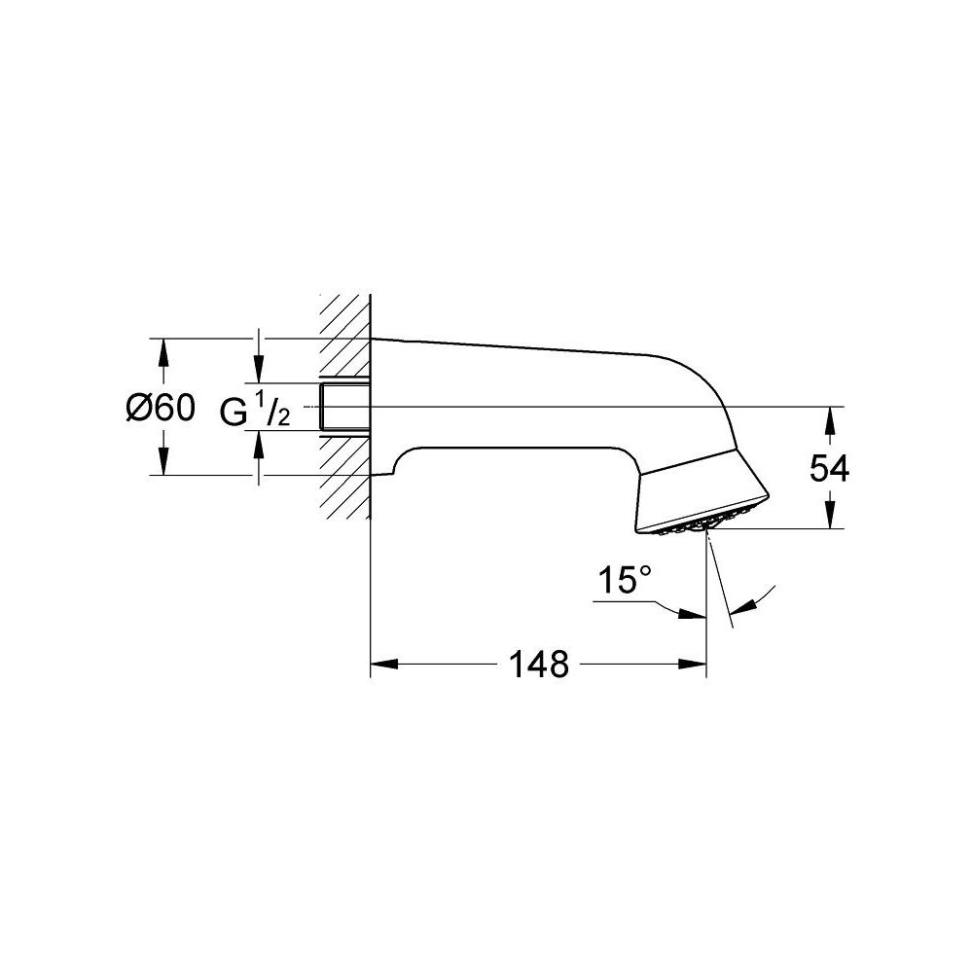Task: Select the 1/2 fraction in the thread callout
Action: coord(270,414)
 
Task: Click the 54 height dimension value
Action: coord(829,469)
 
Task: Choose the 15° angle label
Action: coord(623,582)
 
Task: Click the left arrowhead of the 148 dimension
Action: coord(385,666)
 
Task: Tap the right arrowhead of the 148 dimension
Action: coord(693,666)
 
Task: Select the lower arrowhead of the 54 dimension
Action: coord(829,516)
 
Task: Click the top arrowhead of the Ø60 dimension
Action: coord(163,350)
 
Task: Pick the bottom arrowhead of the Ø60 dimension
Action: coord(163,463)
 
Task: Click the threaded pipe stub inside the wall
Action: coord(344,406)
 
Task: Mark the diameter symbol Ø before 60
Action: coord(137,409)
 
